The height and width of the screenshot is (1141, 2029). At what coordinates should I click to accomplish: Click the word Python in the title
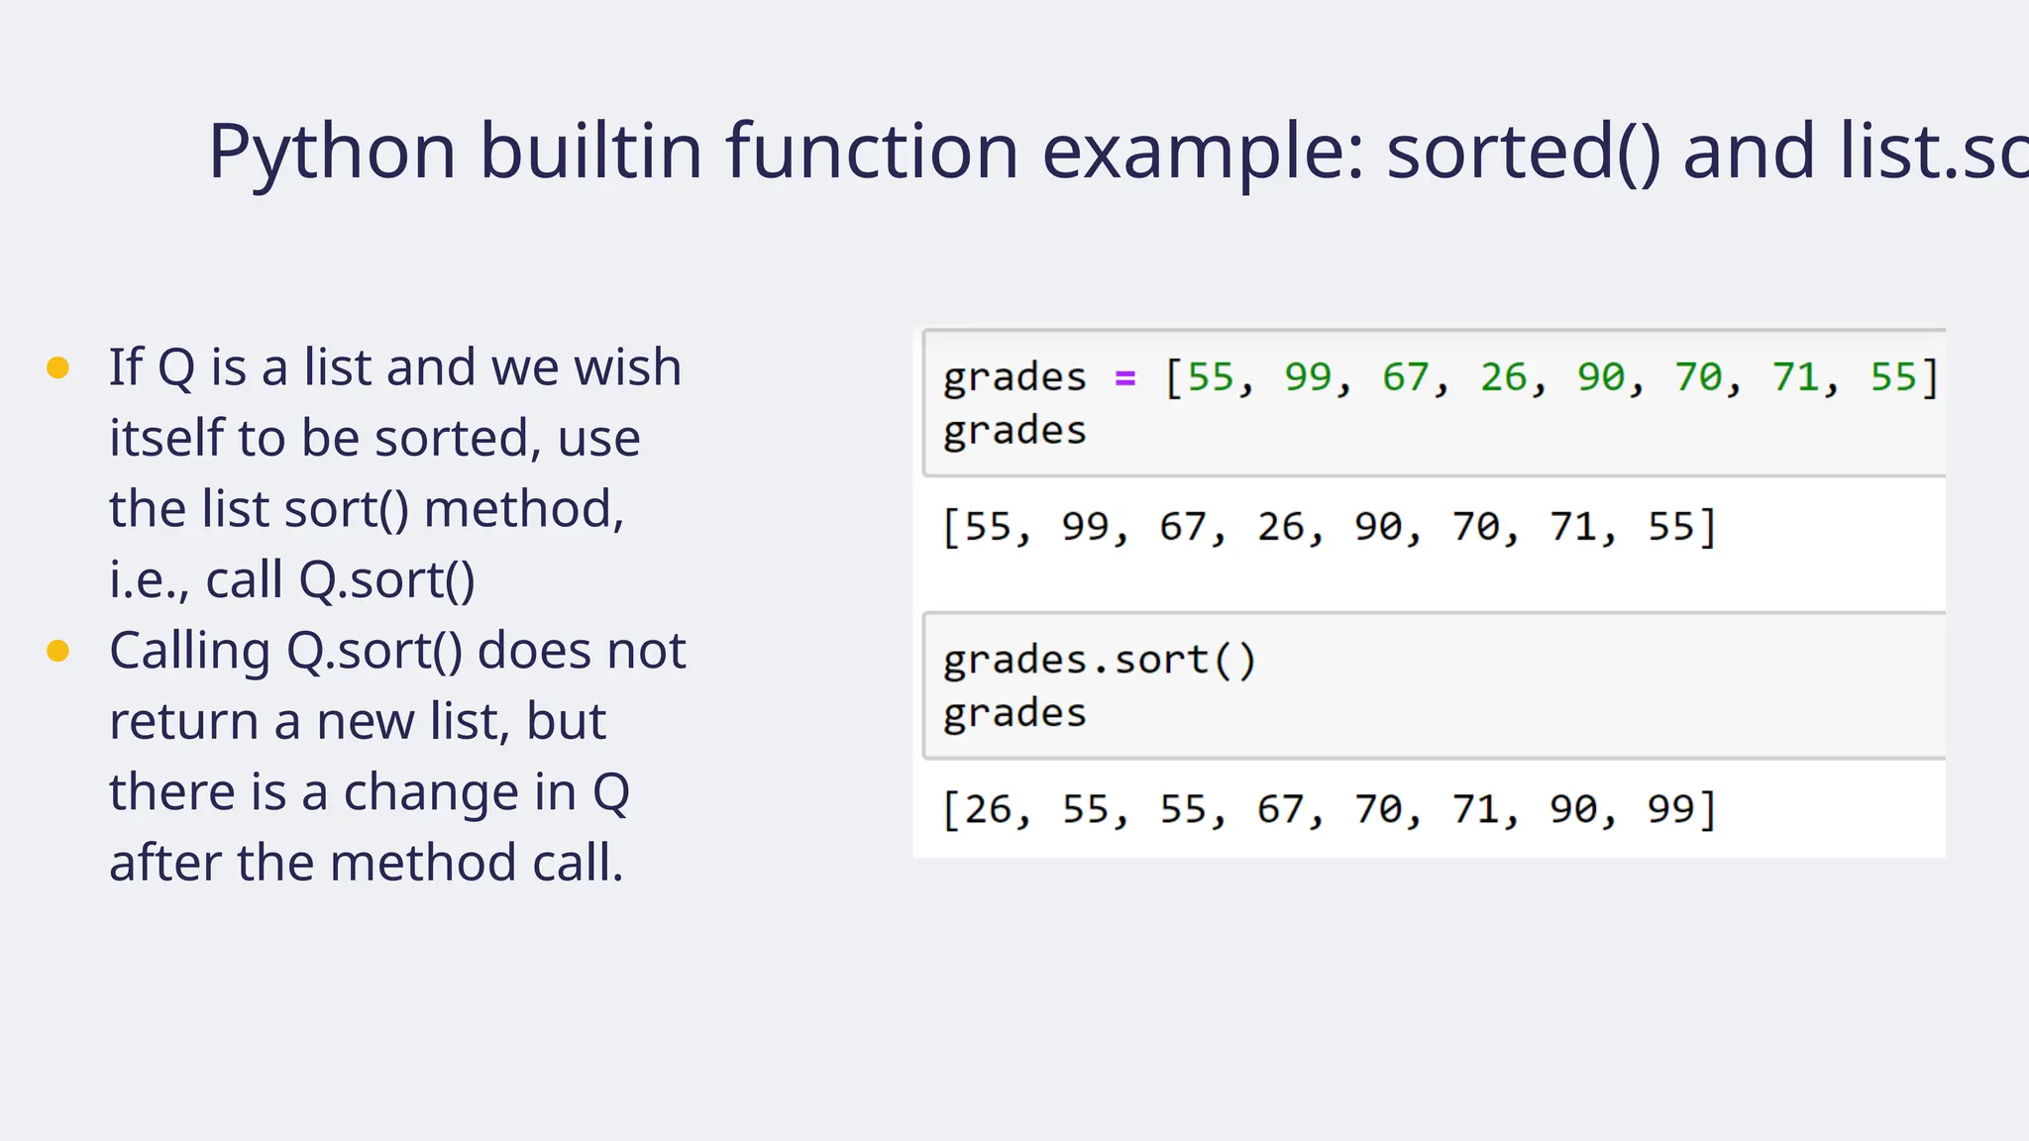pos(332,153)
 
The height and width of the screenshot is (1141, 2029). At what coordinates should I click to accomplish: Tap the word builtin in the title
pos(590,151)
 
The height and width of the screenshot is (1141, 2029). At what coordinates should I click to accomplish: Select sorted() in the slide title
pos(1523,153)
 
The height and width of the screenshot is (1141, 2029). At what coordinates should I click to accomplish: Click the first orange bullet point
pos(58,368)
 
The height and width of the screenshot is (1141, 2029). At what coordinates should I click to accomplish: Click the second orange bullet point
pos(58,651)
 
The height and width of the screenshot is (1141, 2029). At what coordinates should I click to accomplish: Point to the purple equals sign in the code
pos(1124,377)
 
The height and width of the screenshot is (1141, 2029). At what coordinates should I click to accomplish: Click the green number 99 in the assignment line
pos(1308,377)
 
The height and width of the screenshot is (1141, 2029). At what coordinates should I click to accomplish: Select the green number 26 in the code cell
pos(1503,377)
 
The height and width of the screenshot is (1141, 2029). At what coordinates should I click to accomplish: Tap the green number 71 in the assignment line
pos(1795,377)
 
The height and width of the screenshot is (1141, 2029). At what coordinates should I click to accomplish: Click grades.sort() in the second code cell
pos(1099,660)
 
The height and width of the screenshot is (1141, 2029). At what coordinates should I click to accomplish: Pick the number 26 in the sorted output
pos(988,810)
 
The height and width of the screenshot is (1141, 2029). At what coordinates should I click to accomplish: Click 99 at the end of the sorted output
pos(1670,810)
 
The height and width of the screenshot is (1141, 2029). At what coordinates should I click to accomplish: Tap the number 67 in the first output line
pos(1183,527)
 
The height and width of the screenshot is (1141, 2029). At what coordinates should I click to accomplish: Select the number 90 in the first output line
pos(1378,527)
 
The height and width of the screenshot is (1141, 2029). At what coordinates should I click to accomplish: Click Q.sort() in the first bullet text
pos(387,580)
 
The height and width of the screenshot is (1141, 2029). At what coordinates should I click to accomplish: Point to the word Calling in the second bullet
pos(189,652)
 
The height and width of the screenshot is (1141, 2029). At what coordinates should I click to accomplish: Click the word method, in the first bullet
pos(524,509)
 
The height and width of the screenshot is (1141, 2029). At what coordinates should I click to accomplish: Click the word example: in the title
pos(1203,153)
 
